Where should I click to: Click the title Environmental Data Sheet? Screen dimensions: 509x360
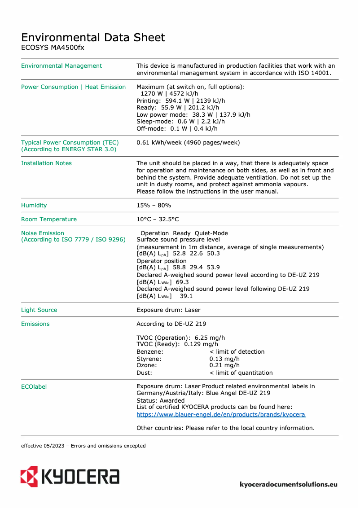(x=93, y=37)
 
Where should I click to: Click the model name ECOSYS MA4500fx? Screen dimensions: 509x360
(x=53, y=47)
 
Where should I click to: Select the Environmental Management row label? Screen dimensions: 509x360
(x=61, y=66)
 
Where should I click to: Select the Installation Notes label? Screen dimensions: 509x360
(x=46, y=163)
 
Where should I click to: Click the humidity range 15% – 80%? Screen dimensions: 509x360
(x=154, y=206)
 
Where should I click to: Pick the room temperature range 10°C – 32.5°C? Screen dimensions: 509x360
(x=158, y=219)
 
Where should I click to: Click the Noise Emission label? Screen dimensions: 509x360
(x=43, y=233)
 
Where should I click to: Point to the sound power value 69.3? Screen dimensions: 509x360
(x=182, y=282)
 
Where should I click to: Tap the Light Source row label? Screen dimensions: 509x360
(x=39, y=310)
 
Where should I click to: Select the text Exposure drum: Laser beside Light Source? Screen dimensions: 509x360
(x=168, y=310)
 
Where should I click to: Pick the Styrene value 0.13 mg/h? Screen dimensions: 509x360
(x=224, y=359)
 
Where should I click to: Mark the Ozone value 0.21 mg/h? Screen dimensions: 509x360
(x=224, y=366)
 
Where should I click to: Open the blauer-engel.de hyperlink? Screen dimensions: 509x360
(x=221, y=415)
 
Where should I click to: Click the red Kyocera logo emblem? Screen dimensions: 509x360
(x=29, y=476)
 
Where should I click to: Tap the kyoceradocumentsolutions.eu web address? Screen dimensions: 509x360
(x=289, y=485)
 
